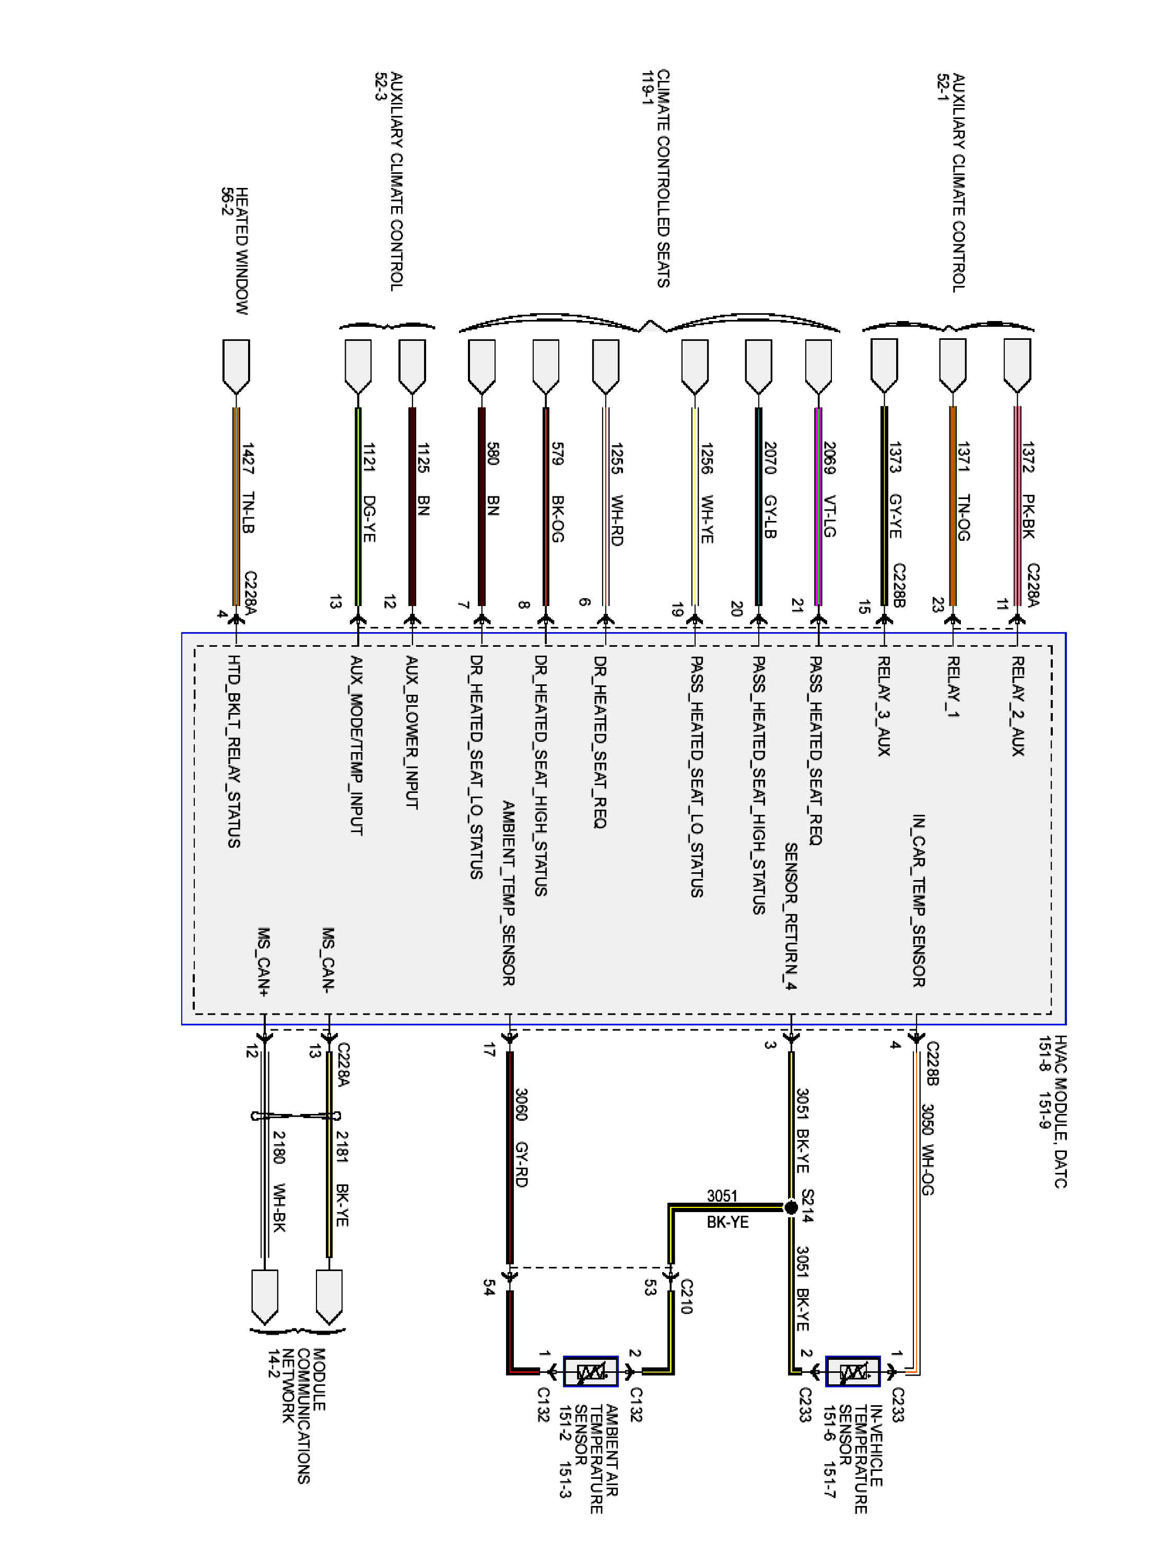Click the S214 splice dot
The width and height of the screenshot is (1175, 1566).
point(791,1207)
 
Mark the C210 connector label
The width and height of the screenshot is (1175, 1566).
point(686,1296)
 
